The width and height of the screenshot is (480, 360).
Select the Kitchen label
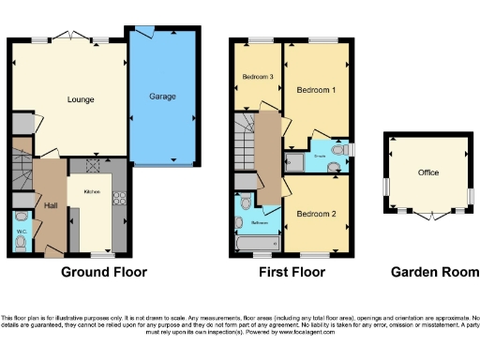[x=92, y=190]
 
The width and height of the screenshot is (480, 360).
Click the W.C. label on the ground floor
[x=22, y=230]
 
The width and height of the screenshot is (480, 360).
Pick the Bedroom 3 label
[x=257, y=77]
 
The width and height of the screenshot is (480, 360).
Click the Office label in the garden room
[x=428, y=173]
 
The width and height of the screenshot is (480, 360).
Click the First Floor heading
[x=292, y=273]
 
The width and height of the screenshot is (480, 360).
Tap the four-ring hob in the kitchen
[x=119, y=198]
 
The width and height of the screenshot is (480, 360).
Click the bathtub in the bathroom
[x=258, y=245]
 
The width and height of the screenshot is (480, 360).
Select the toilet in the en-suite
[x=338, y=149]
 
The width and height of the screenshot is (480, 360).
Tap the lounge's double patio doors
[x=70, y=37]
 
